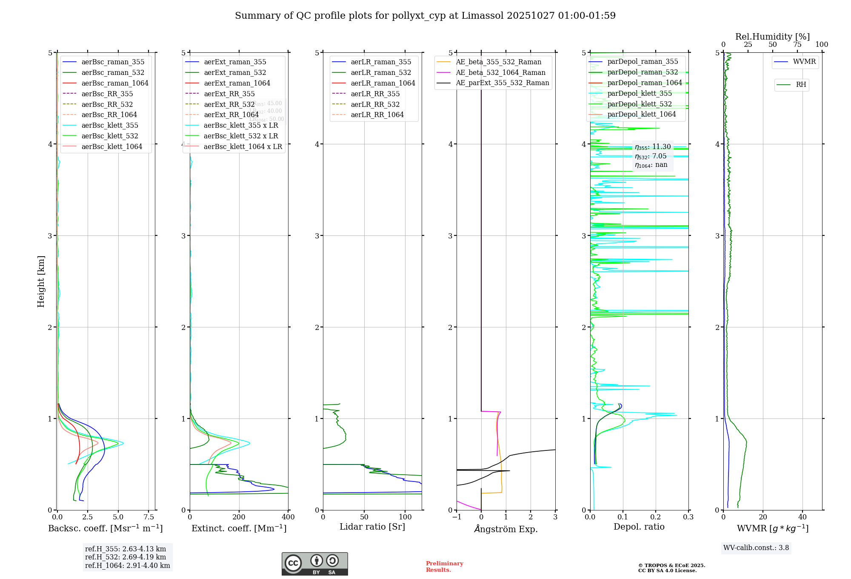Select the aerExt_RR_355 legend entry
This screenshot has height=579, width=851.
(229, 94)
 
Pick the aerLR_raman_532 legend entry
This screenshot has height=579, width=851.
(381, 72)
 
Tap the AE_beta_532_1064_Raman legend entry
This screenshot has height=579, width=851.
(500, 72)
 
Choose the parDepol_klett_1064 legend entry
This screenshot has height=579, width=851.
(642, 114)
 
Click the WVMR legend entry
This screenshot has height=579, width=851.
(804, 62)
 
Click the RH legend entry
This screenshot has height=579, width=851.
(801, 85)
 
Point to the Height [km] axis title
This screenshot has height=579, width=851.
(41, 281)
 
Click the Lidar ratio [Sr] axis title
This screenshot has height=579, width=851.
(372, 527)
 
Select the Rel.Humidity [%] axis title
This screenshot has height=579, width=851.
(772, 37)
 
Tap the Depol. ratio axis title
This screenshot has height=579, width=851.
(639, 527)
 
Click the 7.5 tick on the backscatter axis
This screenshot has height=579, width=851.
(148, 517)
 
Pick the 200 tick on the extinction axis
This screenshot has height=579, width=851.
(239, 517)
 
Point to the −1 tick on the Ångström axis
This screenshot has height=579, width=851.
(457, 517)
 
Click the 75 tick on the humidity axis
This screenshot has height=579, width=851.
(797, 45)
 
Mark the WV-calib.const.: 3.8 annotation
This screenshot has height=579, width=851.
(756, 548)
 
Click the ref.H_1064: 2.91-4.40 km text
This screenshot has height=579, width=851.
(128, 566)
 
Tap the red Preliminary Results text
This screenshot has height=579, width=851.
(444, 567)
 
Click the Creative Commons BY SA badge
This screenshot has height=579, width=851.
(314, 564)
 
